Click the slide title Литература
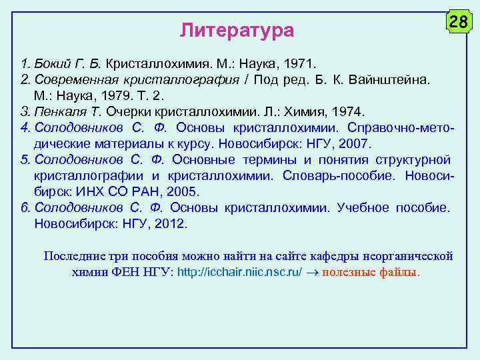[237, 31]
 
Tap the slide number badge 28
[458, 23]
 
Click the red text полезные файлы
[371, 273]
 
